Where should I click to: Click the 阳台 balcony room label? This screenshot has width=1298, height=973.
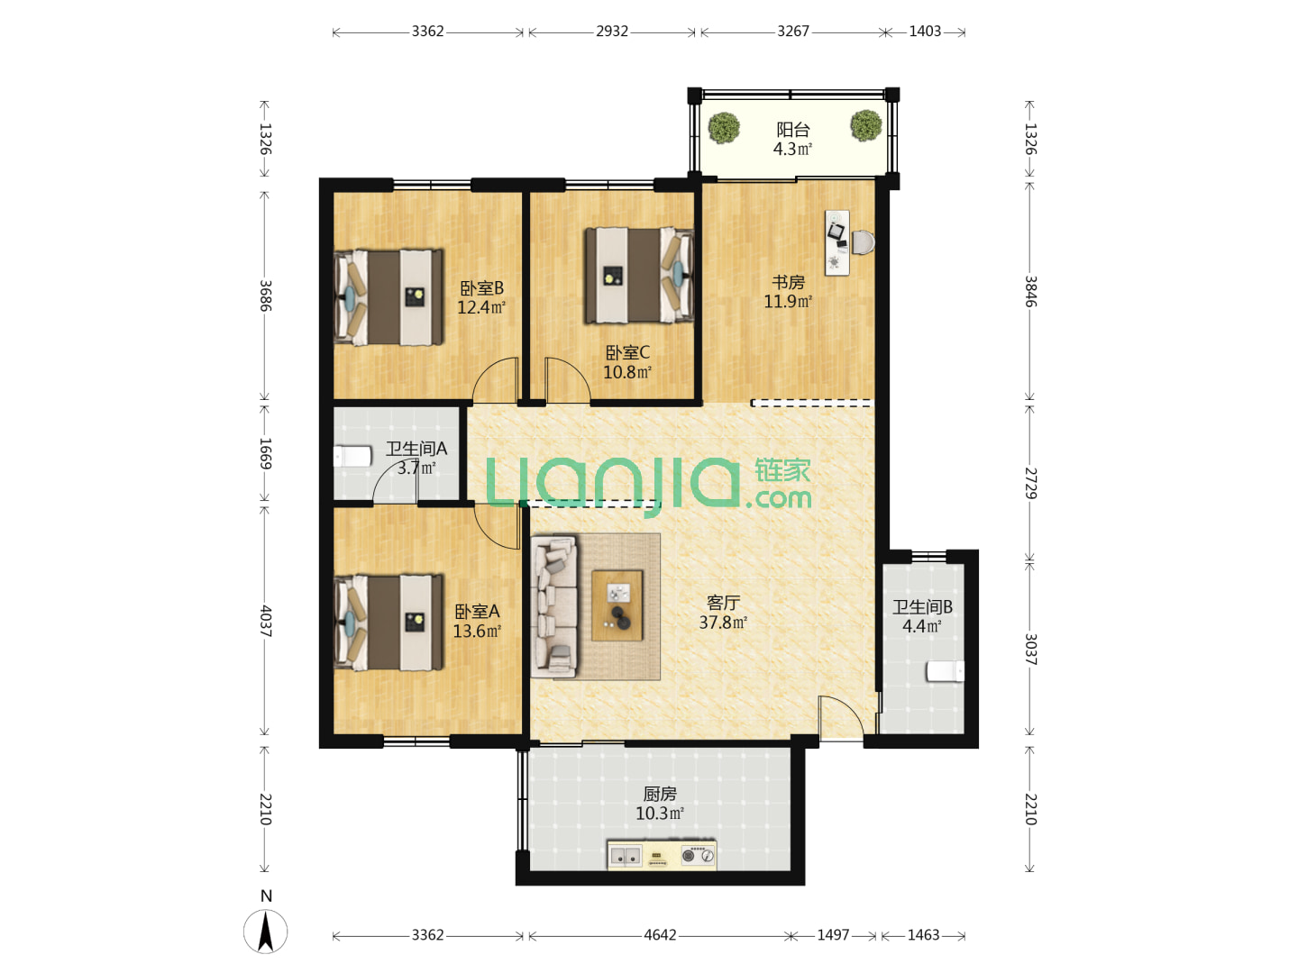(x=791, y=130)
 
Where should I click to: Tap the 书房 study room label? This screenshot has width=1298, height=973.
(x=788, y=282)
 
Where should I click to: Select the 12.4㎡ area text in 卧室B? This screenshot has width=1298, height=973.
(x=480, y=307)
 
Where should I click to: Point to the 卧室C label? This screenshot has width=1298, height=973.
(x=626, y=352)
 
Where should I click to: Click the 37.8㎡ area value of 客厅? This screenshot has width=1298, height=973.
(x=723, y=622)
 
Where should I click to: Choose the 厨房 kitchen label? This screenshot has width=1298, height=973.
(x=659, y=794)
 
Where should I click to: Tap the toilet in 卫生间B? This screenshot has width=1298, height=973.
(x=945, y=671)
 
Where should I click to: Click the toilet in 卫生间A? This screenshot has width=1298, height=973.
(x=352, y=457)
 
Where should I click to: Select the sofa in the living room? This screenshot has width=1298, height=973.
(x=553, y=605)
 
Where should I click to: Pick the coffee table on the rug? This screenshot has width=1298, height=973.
(x=617, y=605)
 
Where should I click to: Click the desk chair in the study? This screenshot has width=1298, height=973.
(x=863, y=242)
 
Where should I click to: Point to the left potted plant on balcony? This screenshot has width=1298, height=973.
(x=724, y=127)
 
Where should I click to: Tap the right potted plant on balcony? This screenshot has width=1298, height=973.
(x=865, y=125)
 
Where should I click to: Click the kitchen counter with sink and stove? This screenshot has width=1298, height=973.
(x=662, y=855)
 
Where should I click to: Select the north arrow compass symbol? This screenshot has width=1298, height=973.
(x=266, y=932)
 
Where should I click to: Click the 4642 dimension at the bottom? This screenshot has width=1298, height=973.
(x=659, y=934)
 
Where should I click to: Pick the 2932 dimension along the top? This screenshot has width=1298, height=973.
(x=611, y=31)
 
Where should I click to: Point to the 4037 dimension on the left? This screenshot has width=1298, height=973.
(x=266, y=621)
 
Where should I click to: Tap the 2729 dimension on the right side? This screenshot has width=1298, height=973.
(x=1030, y=483)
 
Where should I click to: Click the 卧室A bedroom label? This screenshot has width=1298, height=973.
(x=477, y=612)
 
